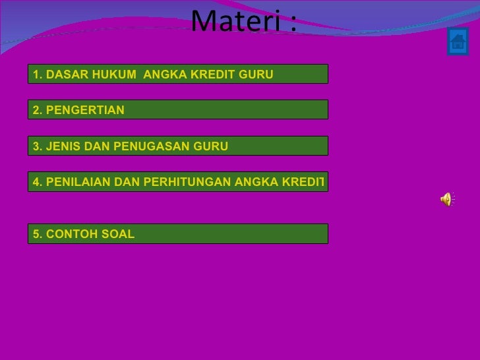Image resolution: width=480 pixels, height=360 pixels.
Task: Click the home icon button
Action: click(x=457, y=42)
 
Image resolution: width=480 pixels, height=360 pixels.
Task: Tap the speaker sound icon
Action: click(x=446, y=199)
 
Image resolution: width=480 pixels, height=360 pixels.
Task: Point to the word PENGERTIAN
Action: click(x=85, y=110)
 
